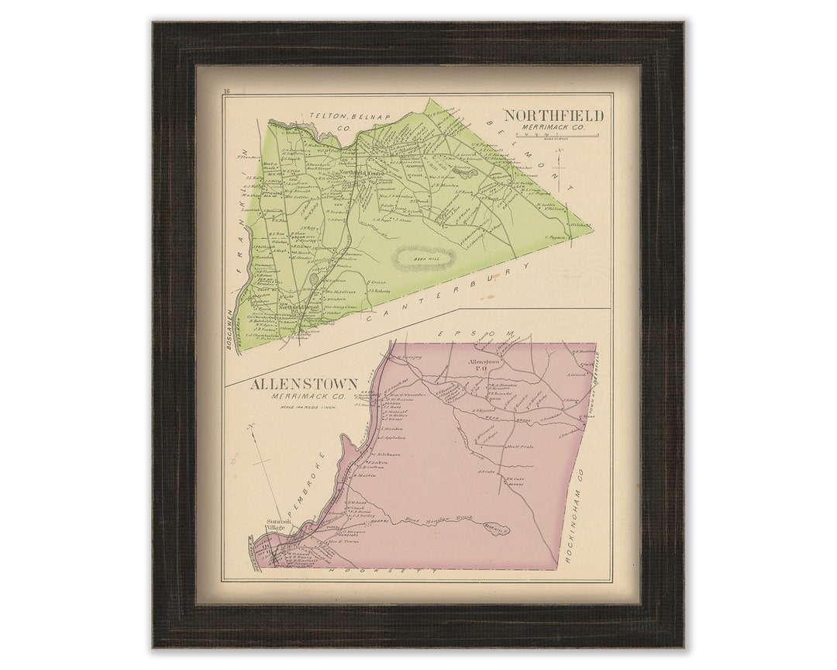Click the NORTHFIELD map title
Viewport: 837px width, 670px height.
[553, 116]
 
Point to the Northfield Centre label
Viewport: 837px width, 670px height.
[363, 173]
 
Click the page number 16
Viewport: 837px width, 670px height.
[226, 92]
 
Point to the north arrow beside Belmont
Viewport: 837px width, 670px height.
[571, 165]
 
